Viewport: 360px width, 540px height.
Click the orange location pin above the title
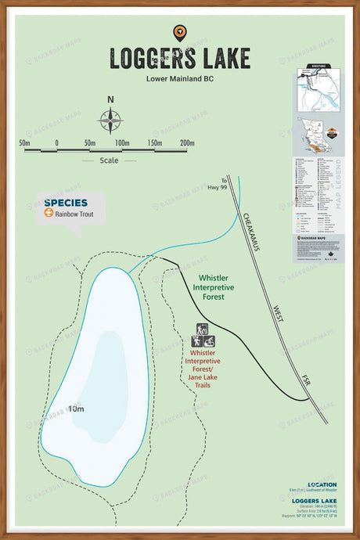(x=179, y=32)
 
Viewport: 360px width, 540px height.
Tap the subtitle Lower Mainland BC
(x=179, y=78)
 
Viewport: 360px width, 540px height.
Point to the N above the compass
(x=110, y=99)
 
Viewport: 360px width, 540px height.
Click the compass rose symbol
(x=110, y=121)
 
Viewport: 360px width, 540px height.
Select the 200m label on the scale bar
(x=186, y=143)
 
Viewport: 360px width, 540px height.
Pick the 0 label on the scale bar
(x=56, y=143)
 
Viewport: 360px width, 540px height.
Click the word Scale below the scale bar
(x=109, y=160)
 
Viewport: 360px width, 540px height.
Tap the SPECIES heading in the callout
(x=66, y=202)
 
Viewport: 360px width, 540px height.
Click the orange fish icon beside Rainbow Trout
(x=49, y=212)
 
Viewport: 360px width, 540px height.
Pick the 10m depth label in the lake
(x=76, y=409)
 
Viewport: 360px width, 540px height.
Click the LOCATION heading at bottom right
(x=322, y=484)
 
